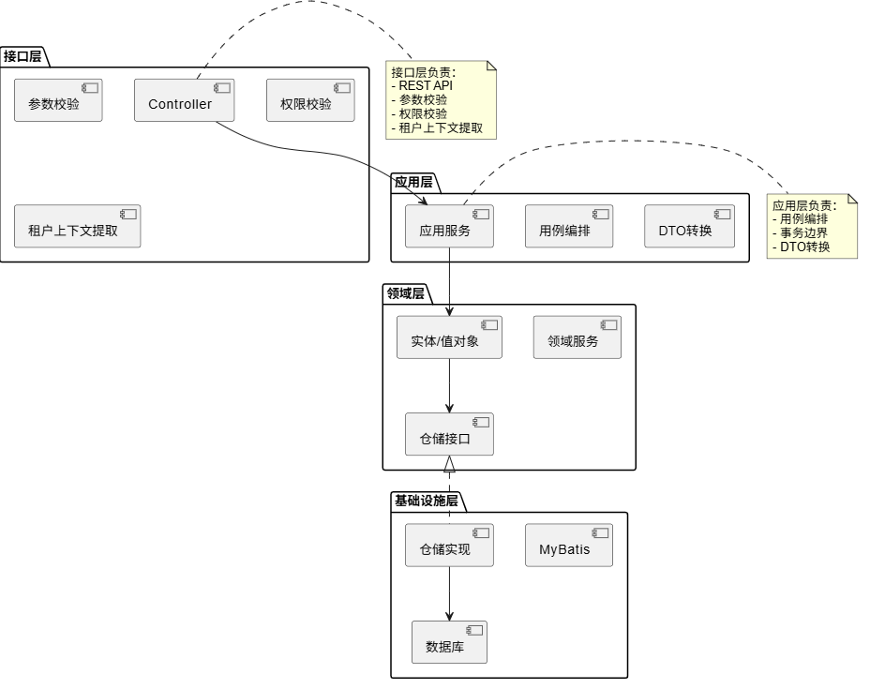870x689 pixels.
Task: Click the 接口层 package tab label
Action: click(x=22, y=55)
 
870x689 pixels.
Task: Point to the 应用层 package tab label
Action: click(x=413, y=182)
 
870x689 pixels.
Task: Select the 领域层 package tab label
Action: click(x=406, y=293)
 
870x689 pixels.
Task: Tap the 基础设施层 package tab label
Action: click(x=427, y=501)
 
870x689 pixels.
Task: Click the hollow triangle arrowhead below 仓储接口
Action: click(x=449, y=464)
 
